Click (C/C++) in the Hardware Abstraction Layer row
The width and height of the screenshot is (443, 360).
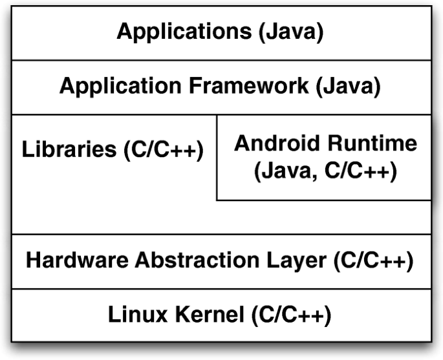(x=373, y=260)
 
